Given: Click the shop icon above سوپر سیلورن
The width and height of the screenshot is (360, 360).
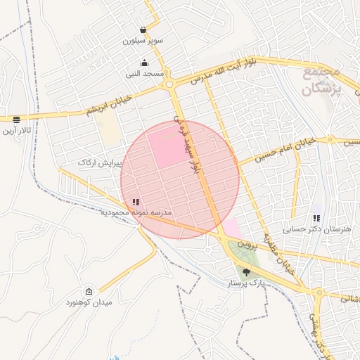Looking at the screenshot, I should click(144, 30).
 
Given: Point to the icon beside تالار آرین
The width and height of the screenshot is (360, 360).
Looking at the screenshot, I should click(16, 120).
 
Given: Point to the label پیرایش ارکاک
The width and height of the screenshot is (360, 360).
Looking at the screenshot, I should click(101, 162).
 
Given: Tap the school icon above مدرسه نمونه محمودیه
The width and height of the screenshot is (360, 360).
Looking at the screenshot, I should click(136, 202).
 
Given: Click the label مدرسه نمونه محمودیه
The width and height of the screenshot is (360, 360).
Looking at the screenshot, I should click(136, 212).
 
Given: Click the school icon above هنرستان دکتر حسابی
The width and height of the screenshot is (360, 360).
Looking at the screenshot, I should click(316, 219).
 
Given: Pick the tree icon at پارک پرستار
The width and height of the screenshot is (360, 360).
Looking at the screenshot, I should click(246, 272).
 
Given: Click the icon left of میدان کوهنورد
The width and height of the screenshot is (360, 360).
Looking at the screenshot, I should click(89, 292).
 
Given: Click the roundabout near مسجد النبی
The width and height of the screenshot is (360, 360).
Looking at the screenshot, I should click(169, 85).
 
